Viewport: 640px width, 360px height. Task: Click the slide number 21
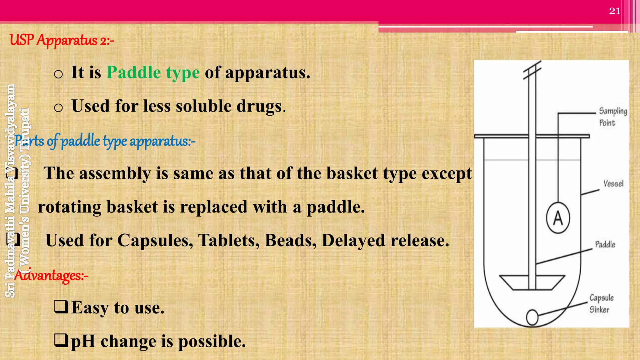coord(615,11)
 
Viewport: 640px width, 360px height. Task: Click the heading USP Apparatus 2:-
coord(62,40)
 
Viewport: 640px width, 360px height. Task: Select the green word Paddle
coord(134,72)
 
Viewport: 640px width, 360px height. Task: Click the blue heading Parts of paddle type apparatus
coord(105,141)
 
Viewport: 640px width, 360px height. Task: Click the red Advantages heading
coord(51,275)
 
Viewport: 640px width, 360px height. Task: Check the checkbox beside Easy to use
coord(61,307)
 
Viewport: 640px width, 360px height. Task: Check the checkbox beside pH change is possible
coord(61,340)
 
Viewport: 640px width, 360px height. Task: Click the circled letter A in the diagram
coord(558,218)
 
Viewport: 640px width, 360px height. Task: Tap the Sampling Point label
coord(612,117)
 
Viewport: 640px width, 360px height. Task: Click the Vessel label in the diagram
coord(613,183)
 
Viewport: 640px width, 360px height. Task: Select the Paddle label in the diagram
coord(605,244)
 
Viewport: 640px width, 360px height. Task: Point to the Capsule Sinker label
coord(601,303)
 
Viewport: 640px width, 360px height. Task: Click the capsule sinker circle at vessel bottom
coord(532,317)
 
